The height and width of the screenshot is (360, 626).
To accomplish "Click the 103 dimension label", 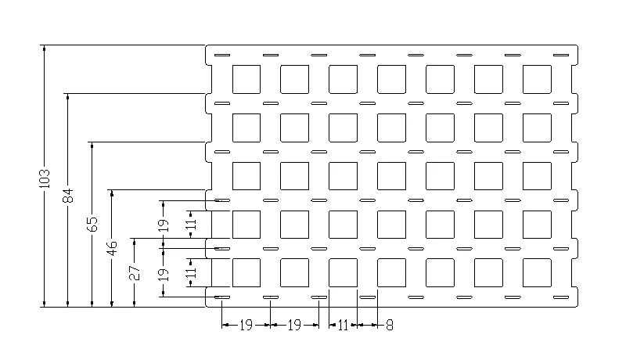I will click(x=44, y=178).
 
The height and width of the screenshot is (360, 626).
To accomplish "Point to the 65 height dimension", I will click(x=92, y=225).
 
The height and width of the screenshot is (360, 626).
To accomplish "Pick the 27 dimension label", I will click(x=135, y=273).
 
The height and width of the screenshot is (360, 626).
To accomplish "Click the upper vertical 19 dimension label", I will click(x=163, y=225).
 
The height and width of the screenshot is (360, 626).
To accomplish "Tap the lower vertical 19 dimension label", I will click(x=163, y=274).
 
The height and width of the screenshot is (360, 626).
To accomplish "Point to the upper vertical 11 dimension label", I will click(x=189, y=225).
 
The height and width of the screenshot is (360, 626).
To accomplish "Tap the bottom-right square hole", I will click(x=536, y=272).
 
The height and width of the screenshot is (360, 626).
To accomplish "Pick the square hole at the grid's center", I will click(x=391, y=175).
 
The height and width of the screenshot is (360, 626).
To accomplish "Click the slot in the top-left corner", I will click(x=221, y=56).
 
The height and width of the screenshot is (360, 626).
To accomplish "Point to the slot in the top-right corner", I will click(x=560, y=56).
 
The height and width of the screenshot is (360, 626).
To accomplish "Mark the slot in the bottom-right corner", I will click(x=560, y=298).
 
